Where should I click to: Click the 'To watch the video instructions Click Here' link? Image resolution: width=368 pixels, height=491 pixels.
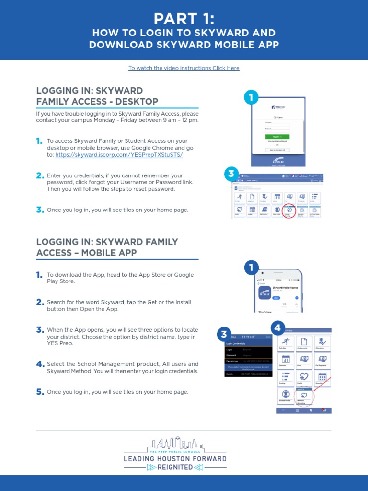click(184, 68)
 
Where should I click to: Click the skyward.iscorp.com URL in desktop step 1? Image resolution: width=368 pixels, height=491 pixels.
click(119, 155)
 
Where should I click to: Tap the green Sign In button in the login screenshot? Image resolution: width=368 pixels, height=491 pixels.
click(277, 136)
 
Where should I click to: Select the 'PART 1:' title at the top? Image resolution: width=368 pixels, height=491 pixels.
click(184, 19)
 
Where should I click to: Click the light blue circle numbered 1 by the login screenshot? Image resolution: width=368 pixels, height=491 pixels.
click(251, 98)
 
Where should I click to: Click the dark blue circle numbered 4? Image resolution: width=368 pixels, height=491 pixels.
click(277, 329)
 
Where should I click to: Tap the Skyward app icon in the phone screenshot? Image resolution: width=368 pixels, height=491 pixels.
click(265, 292)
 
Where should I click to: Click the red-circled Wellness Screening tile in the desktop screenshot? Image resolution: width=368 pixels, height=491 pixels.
click(289, 211)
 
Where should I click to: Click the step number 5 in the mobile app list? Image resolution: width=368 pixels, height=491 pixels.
click(40, 392)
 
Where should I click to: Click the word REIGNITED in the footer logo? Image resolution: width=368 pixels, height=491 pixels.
click(175, 467)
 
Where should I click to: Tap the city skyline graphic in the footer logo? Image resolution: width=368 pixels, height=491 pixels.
click(175, 444)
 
